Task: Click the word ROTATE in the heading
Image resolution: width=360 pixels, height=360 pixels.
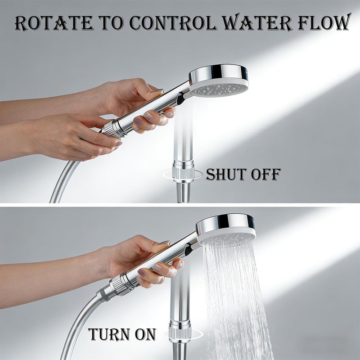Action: (54, 23)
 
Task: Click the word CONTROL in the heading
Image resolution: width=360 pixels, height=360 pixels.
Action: (173, 23)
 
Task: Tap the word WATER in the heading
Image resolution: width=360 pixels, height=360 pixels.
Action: (257, 23)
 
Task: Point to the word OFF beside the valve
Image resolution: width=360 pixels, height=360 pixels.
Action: (266, 174)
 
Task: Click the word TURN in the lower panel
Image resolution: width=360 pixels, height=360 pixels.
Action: (109, 334)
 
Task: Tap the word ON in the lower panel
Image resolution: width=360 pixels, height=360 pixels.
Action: (145, 334)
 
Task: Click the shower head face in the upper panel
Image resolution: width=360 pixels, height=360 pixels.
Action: (220, 89)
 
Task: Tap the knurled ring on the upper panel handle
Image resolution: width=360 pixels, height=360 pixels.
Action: (112, 129)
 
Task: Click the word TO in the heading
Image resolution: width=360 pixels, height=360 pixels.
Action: (112, 23)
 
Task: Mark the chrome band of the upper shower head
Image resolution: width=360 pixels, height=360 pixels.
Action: (218, 73)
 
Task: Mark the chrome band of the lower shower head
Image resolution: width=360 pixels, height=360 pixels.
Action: (225, 223)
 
